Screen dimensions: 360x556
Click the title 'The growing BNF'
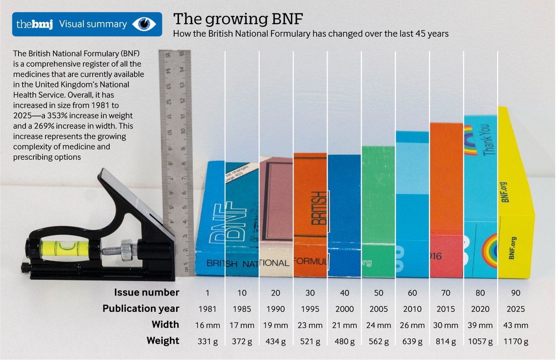pos(239,20)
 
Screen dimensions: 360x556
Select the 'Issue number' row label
pos(147,292)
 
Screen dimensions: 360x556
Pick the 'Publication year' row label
pos(141,309)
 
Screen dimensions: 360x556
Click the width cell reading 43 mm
pos(514,325)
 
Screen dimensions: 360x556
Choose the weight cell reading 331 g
pos(208,341)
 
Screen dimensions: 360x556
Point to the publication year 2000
pos(344,309)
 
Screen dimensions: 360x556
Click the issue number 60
pos(412,293)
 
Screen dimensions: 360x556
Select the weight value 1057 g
pos(480,341)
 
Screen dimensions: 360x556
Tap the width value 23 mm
pos(310,325)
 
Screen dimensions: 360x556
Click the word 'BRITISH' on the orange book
pos(319,208)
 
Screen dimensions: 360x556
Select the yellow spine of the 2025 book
pos(515,195)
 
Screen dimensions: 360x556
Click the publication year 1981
pos(208,309)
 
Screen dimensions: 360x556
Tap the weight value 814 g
pos(446,341)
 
